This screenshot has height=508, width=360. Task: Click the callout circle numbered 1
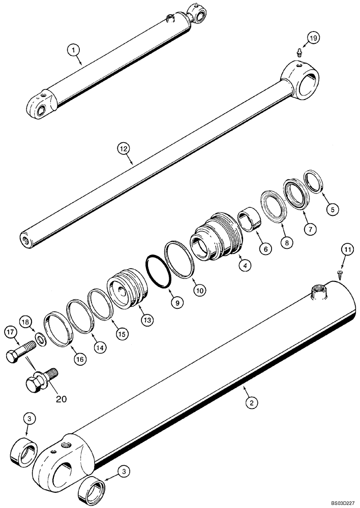74,50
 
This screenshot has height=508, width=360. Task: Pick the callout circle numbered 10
198,290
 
